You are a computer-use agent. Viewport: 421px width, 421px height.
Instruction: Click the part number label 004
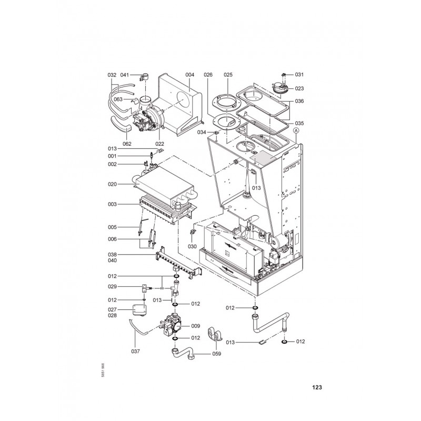click(189, 75)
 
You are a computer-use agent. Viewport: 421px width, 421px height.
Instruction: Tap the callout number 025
click(228, 75)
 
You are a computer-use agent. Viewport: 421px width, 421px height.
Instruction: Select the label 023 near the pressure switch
click(299, 88)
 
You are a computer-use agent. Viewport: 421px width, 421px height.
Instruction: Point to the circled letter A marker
click(296, 131)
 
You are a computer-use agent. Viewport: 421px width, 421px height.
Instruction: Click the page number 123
click(317, 387)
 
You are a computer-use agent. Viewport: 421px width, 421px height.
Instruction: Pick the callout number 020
click(113, 184)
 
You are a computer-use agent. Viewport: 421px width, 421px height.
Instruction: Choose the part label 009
click(195, 326)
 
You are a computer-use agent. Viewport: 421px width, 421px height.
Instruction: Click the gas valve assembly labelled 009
click(171, 324)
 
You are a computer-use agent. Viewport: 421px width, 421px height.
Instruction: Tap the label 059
click(216, 354)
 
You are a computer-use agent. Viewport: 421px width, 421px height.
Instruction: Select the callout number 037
click(136, 351)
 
